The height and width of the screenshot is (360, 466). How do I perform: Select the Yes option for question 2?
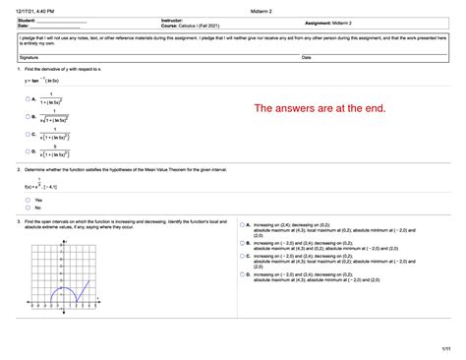[29, 200]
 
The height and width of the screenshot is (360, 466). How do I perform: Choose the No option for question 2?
[29, 208]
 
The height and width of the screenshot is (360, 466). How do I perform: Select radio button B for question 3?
[242, 242]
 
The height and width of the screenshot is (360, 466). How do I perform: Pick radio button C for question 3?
[242, 259]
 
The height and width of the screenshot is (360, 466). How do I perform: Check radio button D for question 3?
[242, 275]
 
